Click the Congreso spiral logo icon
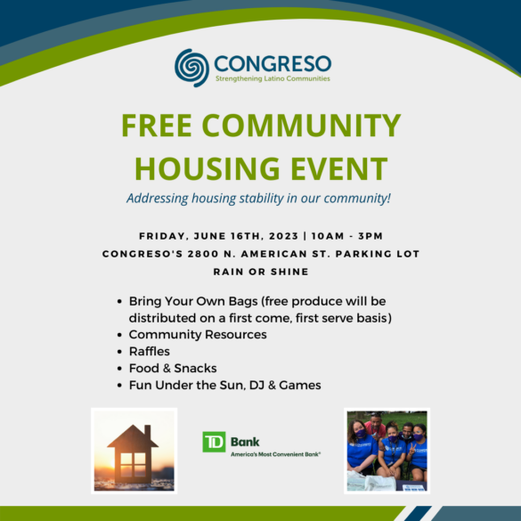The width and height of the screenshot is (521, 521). (x=191, y=68)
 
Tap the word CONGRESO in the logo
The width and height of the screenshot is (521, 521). (x=273, y=63)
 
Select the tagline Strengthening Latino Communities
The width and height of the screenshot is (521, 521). (x=273, y=78)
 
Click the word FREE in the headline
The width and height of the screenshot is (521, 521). (x=157, y=126)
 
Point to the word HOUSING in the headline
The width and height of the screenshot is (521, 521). (x=208, y=168)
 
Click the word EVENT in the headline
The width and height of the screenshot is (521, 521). (x=339, y=168)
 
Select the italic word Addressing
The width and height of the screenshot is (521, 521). (x=158, y=199)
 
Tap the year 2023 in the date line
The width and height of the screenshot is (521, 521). (x=283, y=236)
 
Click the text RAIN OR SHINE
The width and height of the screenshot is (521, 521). (x=261, y=272)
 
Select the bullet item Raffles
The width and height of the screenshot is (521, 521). (x=150, y=351)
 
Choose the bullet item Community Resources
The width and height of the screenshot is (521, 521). (x=198, y=334)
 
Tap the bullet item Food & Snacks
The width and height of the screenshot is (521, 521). (x=173, y=368)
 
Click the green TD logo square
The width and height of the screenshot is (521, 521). (x=214, y=442)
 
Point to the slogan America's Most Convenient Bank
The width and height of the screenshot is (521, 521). (x=275, y=454)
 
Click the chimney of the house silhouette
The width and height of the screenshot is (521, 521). (x=148, y=432)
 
